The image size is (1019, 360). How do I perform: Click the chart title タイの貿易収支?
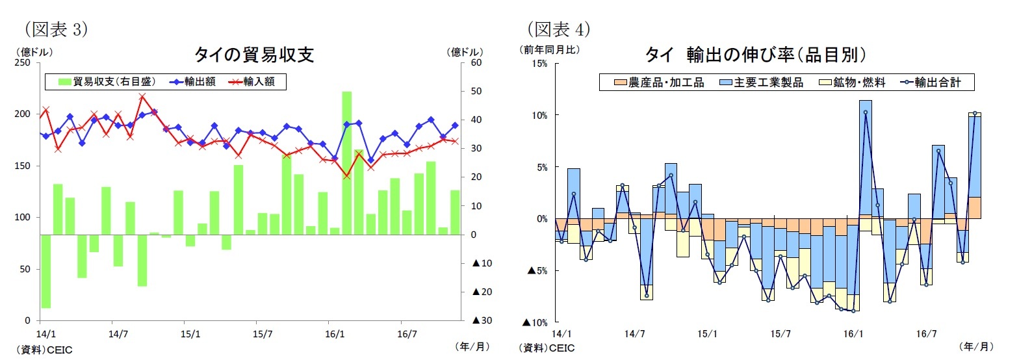tap(254, 55)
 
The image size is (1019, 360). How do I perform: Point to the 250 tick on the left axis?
tap(23, 63)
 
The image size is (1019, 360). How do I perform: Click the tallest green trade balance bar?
tap(347, 162)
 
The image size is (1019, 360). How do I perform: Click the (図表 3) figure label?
tap(55, 29)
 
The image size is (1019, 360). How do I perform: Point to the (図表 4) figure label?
tap(558, 29)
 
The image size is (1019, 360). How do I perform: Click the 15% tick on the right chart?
tap(539, 64)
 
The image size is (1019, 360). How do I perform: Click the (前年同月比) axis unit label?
tap(548, 49)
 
